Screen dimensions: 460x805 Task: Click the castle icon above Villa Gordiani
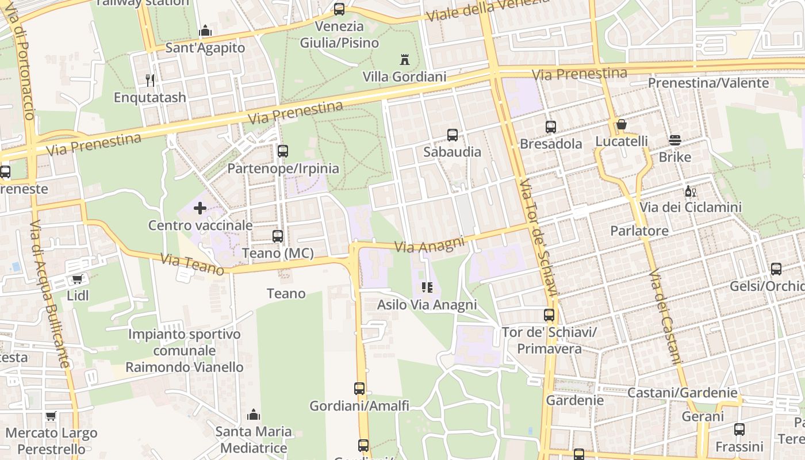[404, 59]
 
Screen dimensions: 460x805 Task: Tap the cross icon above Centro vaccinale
[200, 208]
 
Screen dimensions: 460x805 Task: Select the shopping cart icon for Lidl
[78, 279]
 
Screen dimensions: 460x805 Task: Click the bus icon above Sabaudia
[453, 135]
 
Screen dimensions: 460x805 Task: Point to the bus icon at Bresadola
[551, 127]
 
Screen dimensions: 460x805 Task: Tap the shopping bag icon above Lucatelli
[621, 124]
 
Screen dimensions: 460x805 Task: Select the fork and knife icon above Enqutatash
[150, 80]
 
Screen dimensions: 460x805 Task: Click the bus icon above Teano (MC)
[278, 236]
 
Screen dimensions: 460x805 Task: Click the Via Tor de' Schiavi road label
[540, 239]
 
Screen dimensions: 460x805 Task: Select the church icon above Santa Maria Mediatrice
[254, 415]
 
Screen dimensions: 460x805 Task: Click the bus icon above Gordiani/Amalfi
[359, 389]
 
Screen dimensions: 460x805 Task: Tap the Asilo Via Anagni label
[427, 305]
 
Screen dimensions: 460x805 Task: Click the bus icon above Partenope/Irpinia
[283, 151]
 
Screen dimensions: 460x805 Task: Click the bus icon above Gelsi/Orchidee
[776, 269]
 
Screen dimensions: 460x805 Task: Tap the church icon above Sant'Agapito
[205, 31]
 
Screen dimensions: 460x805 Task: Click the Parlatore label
[639, 231]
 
